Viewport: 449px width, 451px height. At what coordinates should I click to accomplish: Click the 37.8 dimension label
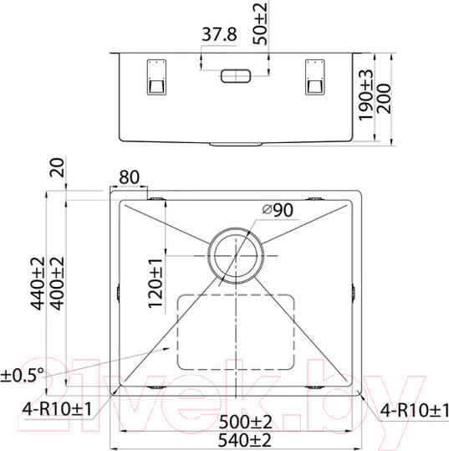tap(216, 34)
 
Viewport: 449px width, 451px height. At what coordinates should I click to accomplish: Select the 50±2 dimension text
tap(262, 24)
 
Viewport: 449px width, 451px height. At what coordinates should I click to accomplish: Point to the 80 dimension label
tap(130, 177)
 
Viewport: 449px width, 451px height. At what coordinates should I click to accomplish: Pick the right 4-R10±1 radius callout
tap(413, 410)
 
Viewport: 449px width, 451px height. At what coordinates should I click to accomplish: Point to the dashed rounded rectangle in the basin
tap(237, 335)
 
